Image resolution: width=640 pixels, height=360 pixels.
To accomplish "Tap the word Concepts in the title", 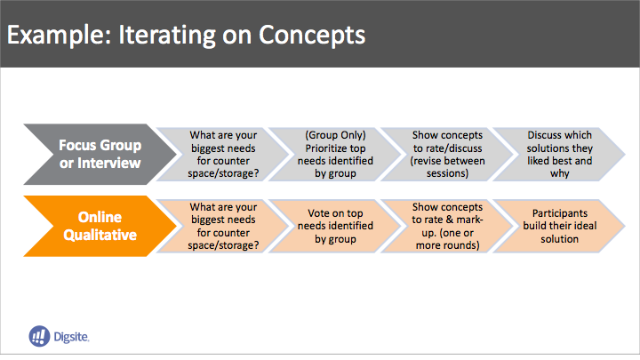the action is (312, 35).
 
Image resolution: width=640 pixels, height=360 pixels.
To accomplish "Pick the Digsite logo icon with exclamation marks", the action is (39, 336).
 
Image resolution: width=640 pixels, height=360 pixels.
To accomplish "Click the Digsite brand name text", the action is (71, 337).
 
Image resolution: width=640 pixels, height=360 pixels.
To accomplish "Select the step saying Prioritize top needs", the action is (335, 155).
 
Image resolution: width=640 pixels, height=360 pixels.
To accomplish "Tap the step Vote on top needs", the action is (335, 226).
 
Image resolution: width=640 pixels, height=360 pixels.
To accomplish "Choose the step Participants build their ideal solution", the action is (559, 226).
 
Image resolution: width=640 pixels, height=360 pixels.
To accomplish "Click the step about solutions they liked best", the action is (559, 155).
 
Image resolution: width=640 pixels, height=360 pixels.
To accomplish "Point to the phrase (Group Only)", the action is (335, 135).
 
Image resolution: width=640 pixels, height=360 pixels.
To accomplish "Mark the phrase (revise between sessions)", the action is (447, 167).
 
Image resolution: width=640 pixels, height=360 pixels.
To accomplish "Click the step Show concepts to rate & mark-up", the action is (447, 226).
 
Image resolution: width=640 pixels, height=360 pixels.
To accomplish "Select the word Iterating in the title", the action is (166, 35).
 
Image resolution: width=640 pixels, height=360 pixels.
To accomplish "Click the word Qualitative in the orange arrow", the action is (100, 235).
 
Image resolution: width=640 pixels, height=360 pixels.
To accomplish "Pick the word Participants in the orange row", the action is (560, 213).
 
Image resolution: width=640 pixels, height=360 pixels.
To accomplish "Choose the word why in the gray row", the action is (560, 174).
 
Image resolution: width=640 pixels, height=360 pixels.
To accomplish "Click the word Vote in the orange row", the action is (318, 213).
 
